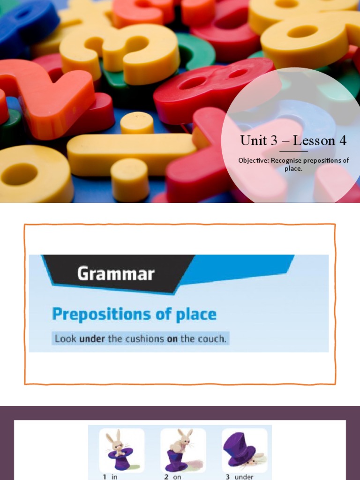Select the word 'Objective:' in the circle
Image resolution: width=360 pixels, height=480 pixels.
click(x=254, y=161)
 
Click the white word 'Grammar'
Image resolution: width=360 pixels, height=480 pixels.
click(x=116, y=273)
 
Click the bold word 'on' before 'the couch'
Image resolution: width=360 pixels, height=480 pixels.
click(x=172, y=338)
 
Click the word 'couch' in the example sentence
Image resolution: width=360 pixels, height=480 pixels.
click(x=210, y=338)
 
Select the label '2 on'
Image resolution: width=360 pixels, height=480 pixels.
click(x=172, y=477)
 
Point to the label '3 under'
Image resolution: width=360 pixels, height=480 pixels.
click(x=240, y=477)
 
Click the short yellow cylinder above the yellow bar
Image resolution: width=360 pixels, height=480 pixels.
click(x=137, y=123)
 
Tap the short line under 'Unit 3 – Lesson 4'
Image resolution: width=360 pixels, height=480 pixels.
click(x=294, y=151)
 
